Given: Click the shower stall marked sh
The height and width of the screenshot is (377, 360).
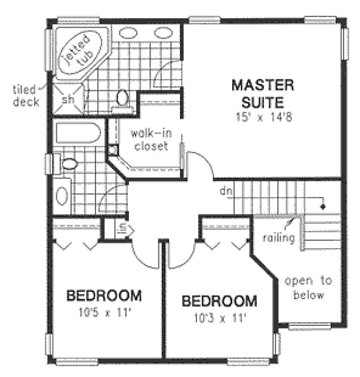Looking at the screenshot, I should click(x=68, y=100).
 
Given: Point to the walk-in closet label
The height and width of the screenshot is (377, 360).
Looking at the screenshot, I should click(x=149, y=140).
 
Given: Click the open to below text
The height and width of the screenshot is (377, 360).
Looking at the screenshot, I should click(x=308, y=288).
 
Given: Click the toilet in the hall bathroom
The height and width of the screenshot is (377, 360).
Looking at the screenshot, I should click(x=68, y=165).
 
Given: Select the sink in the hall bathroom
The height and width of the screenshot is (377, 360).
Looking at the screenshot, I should click(x=62, y=195).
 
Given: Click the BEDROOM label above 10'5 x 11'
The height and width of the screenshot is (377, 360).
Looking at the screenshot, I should click(x=104, y=296).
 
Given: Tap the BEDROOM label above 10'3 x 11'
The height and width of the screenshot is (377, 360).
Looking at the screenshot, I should click(x=219, y=301).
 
